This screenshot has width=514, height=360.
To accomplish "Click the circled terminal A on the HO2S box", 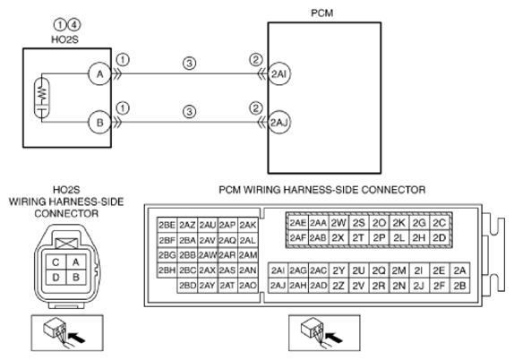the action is pos(99,74).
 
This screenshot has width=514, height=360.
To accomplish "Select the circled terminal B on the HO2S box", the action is pos(99,123).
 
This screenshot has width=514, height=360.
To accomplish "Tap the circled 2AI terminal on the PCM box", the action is pos(279,74).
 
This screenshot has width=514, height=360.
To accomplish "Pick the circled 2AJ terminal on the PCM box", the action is pos(279,123).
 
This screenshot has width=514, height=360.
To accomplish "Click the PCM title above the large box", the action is pos(321,13).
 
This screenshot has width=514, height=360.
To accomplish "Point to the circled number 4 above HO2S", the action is pos(74,25).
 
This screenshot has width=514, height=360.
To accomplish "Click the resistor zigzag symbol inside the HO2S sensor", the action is pos(42,92).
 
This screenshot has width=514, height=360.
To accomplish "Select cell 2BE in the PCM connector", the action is pos(167,225).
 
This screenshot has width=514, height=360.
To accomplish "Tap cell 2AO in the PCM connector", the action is pos(247,286).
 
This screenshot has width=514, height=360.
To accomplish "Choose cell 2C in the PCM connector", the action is pos(440,223).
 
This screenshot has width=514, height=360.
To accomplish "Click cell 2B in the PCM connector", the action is pos(459,286).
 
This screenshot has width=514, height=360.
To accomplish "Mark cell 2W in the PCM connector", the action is pos(338,223).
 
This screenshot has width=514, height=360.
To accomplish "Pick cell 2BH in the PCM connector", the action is pos(167,270).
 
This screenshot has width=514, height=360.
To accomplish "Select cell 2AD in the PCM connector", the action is pos(318,286).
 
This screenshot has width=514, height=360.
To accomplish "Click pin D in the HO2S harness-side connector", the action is pos(56,278).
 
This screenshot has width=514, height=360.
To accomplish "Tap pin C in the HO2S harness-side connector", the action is pos(56,262).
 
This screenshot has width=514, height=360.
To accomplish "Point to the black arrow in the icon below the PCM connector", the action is pos(334,338).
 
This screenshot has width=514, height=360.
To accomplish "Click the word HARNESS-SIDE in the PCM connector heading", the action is pos(321,190).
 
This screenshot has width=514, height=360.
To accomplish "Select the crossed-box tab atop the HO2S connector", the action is pos(67,244).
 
